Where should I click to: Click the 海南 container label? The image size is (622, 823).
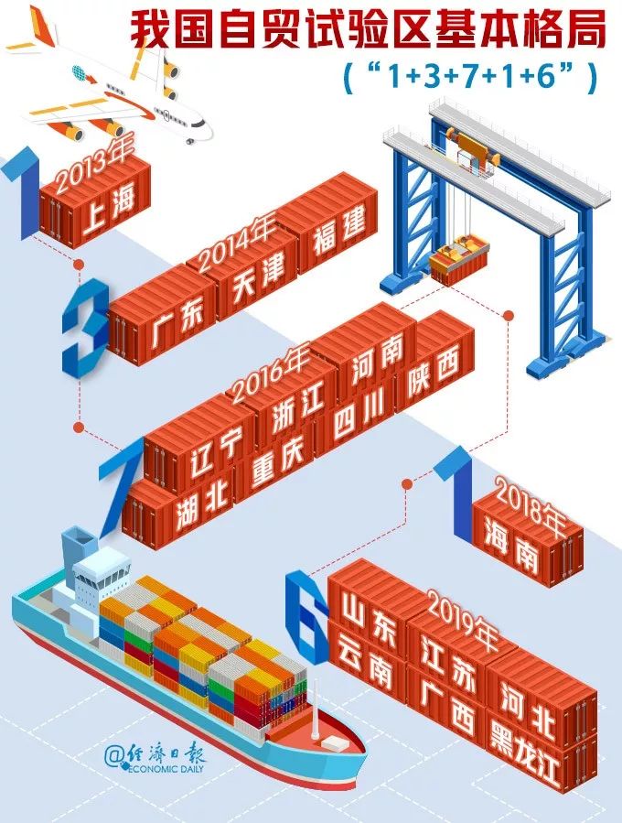pyautogui.click(x=513, y=552)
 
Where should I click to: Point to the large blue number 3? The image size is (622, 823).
pyautogui.click(x=86, y=327)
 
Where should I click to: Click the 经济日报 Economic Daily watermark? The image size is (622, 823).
pyautogui.click(x=155, y=759)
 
